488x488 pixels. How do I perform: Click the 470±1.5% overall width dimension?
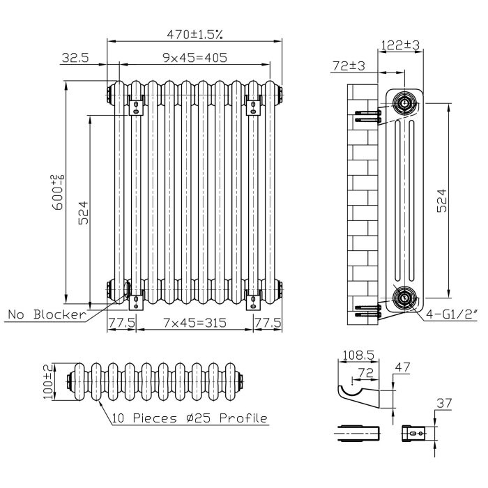point(195,34)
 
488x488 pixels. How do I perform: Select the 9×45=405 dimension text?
point(195,58)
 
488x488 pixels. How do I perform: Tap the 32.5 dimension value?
point(75,58)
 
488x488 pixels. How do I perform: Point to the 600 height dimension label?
point(58,192)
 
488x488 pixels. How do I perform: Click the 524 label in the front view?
point(83,213)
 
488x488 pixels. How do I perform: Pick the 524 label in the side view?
point(441,201)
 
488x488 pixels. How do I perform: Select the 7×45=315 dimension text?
point(195,323)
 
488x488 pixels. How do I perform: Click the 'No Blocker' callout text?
point(47,314)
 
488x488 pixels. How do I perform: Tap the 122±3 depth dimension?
point(400,45)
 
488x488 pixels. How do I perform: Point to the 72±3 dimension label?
point(349,66)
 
